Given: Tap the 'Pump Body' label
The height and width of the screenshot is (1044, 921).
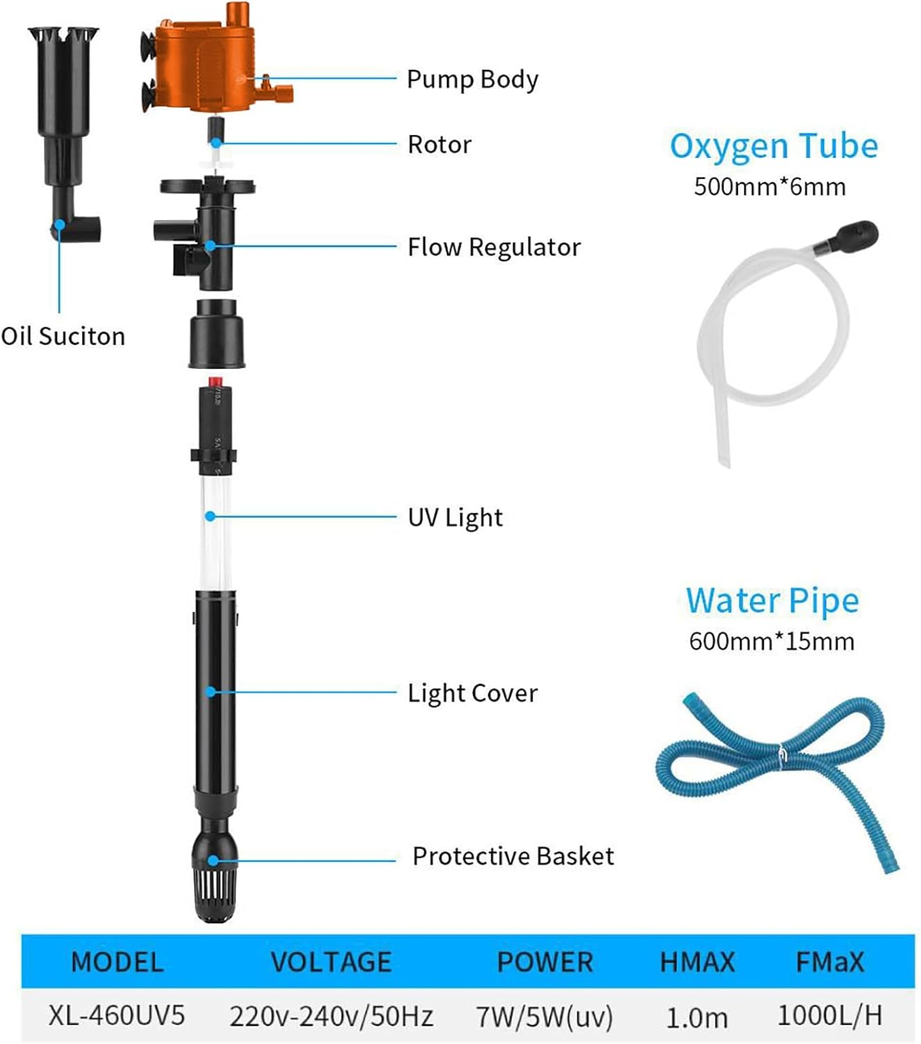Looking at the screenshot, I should [x=472, y=79].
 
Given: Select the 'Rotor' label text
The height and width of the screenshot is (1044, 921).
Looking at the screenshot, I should [x=439, y=145].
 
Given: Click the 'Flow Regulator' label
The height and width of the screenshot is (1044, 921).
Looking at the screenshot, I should [x=493, y=247].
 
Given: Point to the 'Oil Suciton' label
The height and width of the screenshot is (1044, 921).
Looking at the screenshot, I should [x=63, y=336].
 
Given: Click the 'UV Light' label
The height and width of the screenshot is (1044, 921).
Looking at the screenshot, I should [x=455, y=518].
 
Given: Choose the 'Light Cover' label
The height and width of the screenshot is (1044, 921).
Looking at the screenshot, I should [x=472, y=693].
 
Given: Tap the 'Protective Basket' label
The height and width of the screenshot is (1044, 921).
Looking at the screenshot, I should [x=513, y=856].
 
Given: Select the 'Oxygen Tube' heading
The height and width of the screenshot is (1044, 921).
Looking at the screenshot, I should [x=774, y=147].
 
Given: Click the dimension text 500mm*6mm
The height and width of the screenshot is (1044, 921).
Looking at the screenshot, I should [x=769, y=187].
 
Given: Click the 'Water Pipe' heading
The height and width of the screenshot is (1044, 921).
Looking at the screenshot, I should [x=772, y=601].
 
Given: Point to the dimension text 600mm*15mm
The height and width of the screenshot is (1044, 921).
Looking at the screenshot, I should [x=771, y=641].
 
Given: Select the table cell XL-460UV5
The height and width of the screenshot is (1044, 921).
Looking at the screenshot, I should [x=117, y=1015].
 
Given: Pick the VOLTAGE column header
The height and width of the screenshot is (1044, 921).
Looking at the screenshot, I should [x=331, y=963].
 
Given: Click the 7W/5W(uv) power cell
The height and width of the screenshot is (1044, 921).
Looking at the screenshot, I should [x=545, y=1017].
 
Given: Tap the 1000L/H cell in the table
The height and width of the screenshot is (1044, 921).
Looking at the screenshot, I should [x=829, y=1015].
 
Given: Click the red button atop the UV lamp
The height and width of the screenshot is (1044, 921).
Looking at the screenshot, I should [x=215, y=381].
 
